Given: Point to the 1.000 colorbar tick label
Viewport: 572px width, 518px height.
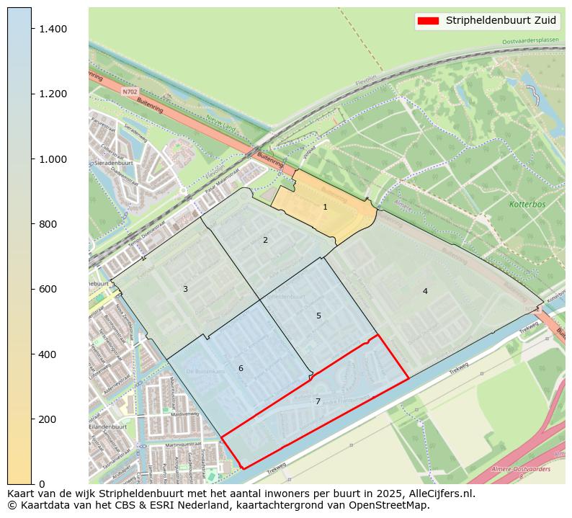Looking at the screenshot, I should coord(53,159).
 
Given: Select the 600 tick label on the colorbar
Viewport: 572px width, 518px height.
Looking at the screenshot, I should coord(48,289).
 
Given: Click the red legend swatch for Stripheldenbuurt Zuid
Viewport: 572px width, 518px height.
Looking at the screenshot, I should coord(427,20).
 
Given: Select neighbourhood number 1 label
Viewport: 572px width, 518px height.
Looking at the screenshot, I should coord(325,207).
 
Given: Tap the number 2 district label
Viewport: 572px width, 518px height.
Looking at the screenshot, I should coord(265,240).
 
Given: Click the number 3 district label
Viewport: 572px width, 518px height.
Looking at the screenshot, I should coord(185,289).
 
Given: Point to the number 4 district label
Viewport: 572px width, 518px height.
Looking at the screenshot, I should coord(425,291).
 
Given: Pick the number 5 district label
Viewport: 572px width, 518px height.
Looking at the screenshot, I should coord(318,316).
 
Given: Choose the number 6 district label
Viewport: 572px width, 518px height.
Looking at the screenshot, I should coord(241,368).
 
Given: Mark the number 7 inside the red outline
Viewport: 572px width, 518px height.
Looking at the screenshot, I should coord(318,401).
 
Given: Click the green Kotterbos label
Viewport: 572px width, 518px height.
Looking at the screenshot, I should coord(528,205).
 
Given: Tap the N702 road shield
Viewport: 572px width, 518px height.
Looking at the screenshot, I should coord(130,92).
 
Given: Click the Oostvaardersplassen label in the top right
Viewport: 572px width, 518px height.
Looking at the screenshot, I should coord(530,41).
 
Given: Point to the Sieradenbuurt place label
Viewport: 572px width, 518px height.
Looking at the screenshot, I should coord(112,164).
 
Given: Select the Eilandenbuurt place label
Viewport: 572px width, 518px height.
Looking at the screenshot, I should coord(107,427).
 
